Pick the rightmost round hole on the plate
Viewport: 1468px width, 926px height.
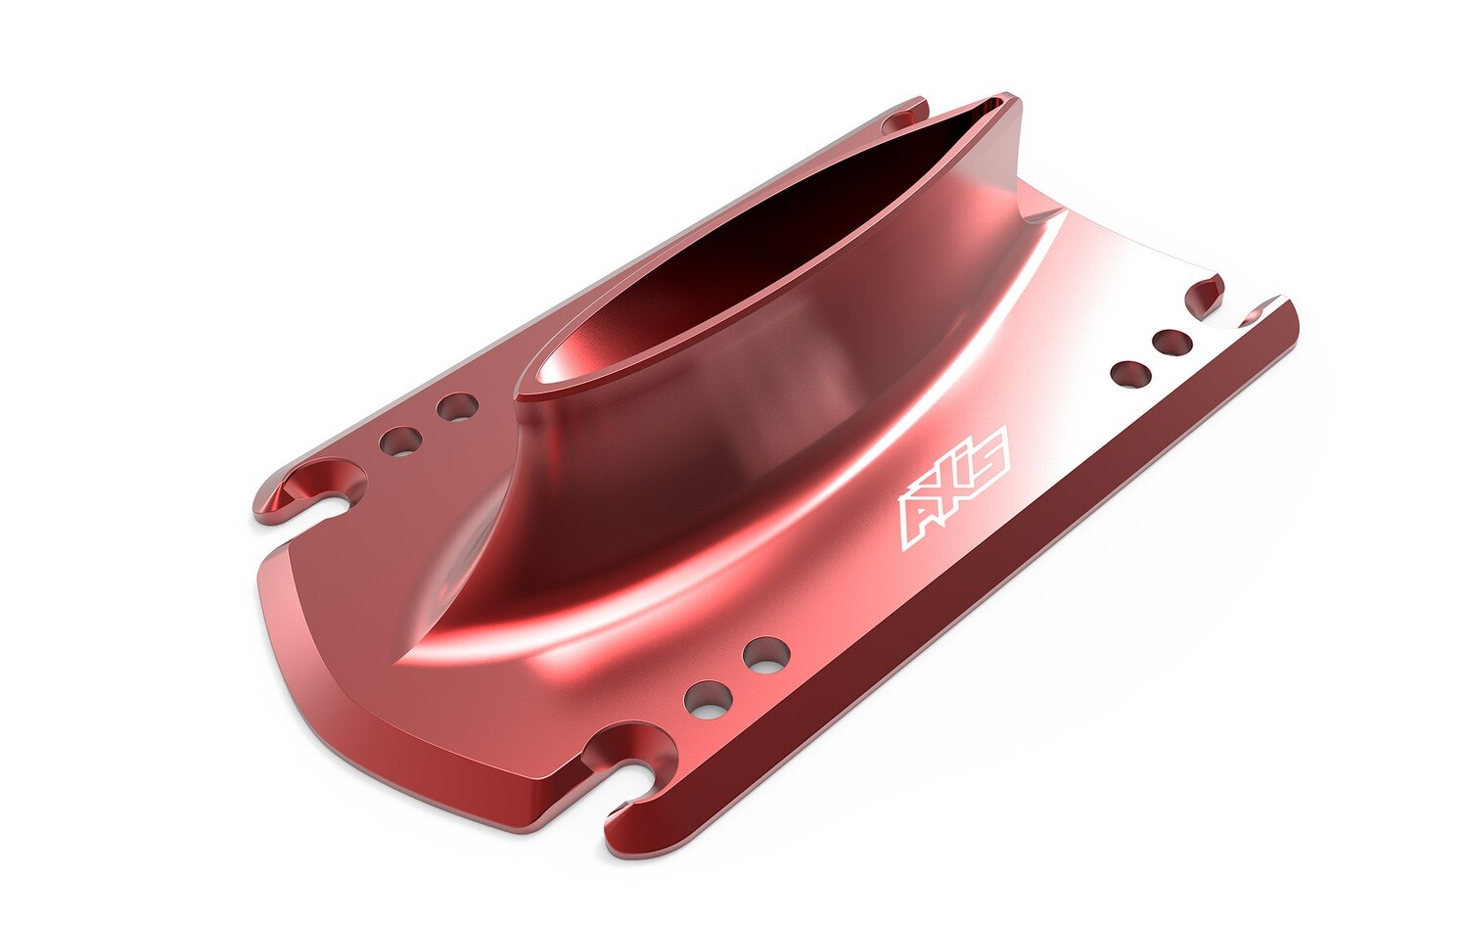click(1171, 343)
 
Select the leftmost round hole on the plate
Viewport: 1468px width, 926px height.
click(401, 440)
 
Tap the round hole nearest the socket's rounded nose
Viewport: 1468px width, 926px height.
click(456, 406)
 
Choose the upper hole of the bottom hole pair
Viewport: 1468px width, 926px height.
click(765, 654)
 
